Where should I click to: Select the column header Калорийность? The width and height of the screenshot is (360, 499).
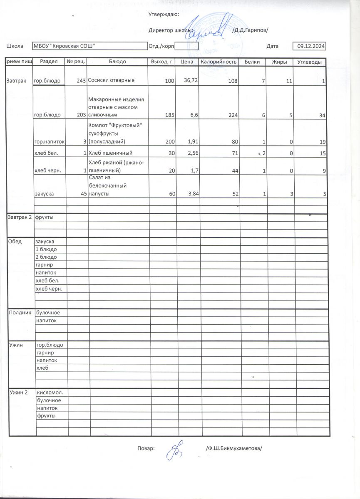219,62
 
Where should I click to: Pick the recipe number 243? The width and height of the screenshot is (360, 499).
81,81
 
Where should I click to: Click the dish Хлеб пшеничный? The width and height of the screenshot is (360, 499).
111,153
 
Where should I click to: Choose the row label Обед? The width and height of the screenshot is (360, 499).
15,241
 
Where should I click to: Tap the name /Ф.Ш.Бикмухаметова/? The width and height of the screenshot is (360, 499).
235,448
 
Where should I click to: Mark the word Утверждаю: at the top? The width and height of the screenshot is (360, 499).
164,15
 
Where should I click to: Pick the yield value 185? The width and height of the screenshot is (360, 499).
169,115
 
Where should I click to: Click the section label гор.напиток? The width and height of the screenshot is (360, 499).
49,142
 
